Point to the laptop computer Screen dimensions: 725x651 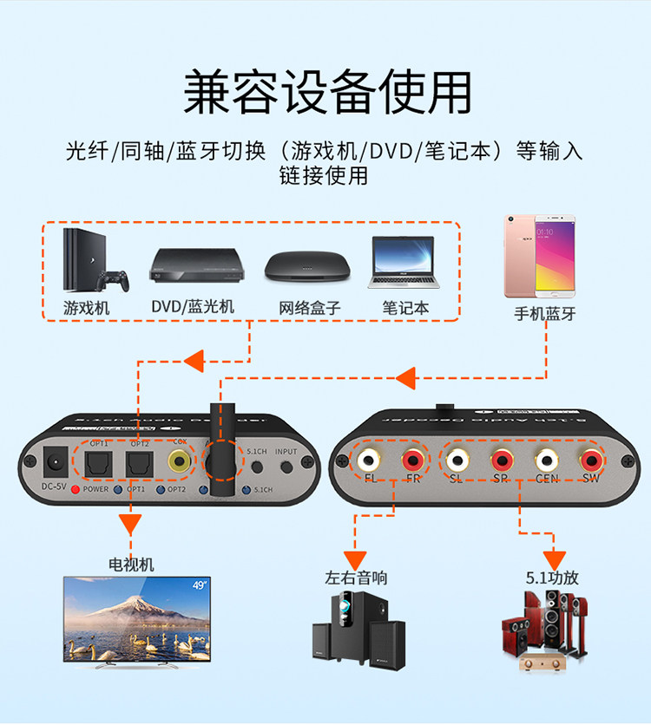click(403, 263)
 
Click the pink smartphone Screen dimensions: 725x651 click(541, 256)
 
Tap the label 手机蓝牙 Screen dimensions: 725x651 click(544, 314)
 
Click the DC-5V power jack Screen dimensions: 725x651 click(56, 459)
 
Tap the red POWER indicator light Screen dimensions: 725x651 click(76, 490)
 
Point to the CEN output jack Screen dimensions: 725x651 click(546, 459)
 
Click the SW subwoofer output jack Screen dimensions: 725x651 click(591, 459)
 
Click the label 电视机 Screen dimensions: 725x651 click(130, 565)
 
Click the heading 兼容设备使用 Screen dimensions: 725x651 click(327, 90)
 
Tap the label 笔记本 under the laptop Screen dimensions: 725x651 click(405, 308)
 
